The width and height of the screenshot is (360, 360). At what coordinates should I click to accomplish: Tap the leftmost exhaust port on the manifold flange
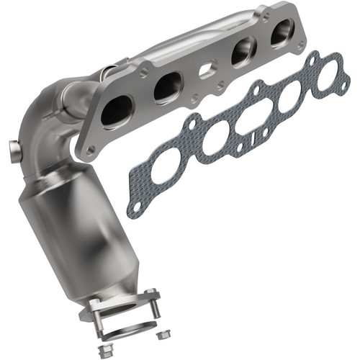[115, 114]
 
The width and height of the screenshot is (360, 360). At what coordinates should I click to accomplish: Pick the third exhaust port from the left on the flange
[241, 53]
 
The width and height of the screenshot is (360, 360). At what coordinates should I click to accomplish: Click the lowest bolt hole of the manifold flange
[91, 150]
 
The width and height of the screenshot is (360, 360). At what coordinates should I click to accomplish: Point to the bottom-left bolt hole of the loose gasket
[135, 207]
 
